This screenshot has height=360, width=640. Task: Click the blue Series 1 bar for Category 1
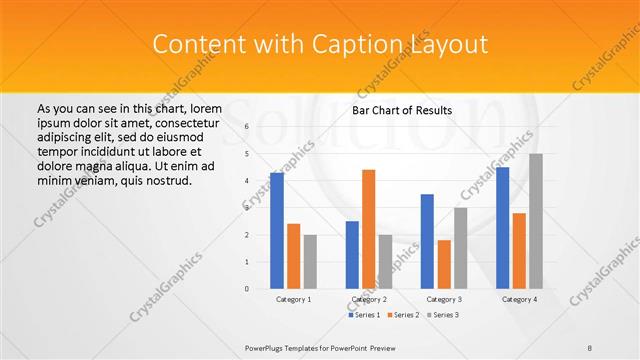click(276, 231)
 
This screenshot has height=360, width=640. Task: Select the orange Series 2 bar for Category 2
click(368, 229)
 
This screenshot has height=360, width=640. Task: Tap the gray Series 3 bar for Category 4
click(536, 221)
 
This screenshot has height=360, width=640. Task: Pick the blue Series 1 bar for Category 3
click(427, 241)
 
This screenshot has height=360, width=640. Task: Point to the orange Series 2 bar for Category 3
click(444, 264)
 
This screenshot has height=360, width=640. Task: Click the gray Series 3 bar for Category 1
click(310, 261)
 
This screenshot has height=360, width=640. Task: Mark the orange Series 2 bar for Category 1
click(293, 256)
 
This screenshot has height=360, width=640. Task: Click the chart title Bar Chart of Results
click(403, 110)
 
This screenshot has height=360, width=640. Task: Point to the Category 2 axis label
click(369, 299)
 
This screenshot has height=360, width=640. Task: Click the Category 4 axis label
click(519, 299)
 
